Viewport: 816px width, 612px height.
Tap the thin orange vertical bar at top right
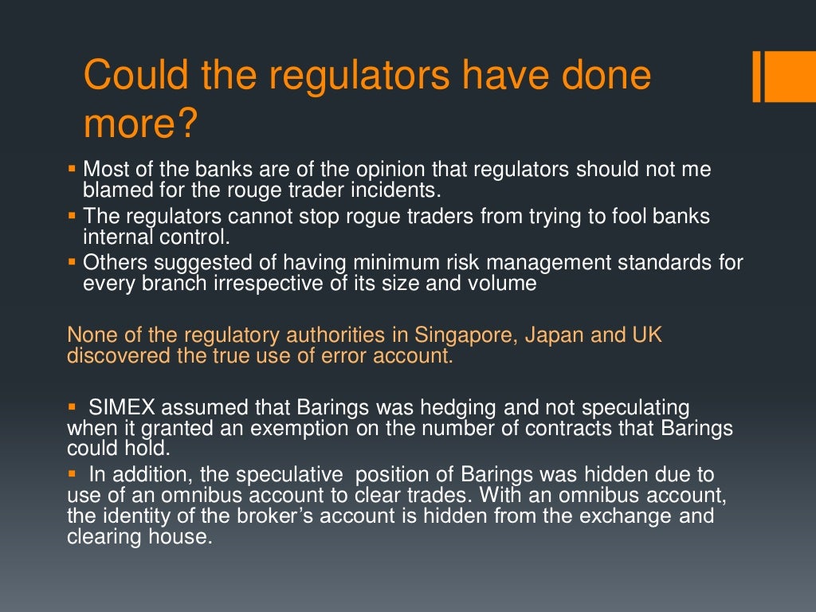pos(757,76)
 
